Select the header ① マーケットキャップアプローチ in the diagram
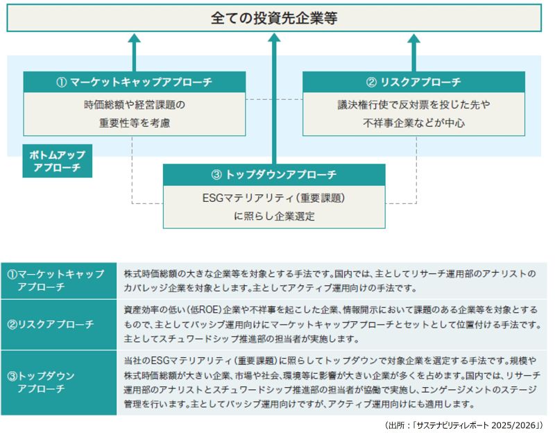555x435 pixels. click(x=134, y=82)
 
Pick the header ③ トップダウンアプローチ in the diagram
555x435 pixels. click(x=273, y=174)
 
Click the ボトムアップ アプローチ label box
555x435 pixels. click(x=56, y=161)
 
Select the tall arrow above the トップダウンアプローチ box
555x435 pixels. click(x=274, y=97)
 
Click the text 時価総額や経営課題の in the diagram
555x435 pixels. click(x=134, y=105)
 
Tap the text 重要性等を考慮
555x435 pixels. click(x=134, y=123)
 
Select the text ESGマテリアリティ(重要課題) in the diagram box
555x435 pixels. click(x=273, y=198)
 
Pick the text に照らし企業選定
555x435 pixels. click(x=273, y=216)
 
